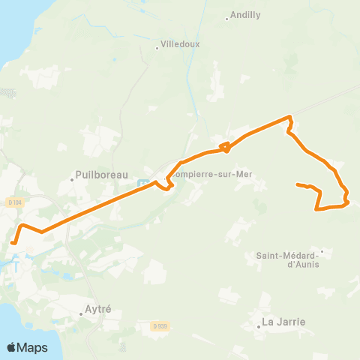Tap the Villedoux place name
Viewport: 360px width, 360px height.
pos(181,44)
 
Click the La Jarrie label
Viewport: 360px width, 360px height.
pos(283,322)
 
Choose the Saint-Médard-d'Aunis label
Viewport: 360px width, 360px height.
pos(288,259)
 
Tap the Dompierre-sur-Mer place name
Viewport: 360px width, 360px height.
pos(212,175)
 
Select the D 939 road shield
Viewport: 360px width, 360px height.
pos(158,325)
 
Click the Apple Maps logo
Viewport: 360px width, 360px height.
pos(27,347)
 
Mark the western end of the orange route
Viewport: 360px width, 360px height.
pos(13,242)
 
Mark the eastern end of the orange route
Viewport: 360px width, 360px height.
pos(298,184)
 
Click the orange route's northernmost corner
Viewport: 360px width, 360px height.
pos(289,117)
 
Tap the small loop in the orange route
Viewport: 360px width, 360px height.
pos(224,146)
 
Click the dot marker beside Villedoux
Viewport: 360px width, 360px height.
pos(157,49)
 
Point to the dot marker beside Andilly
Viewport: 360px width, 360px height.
pos(227,18)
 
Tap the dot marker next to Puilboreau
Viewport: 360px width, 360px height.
pos(72,178)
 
